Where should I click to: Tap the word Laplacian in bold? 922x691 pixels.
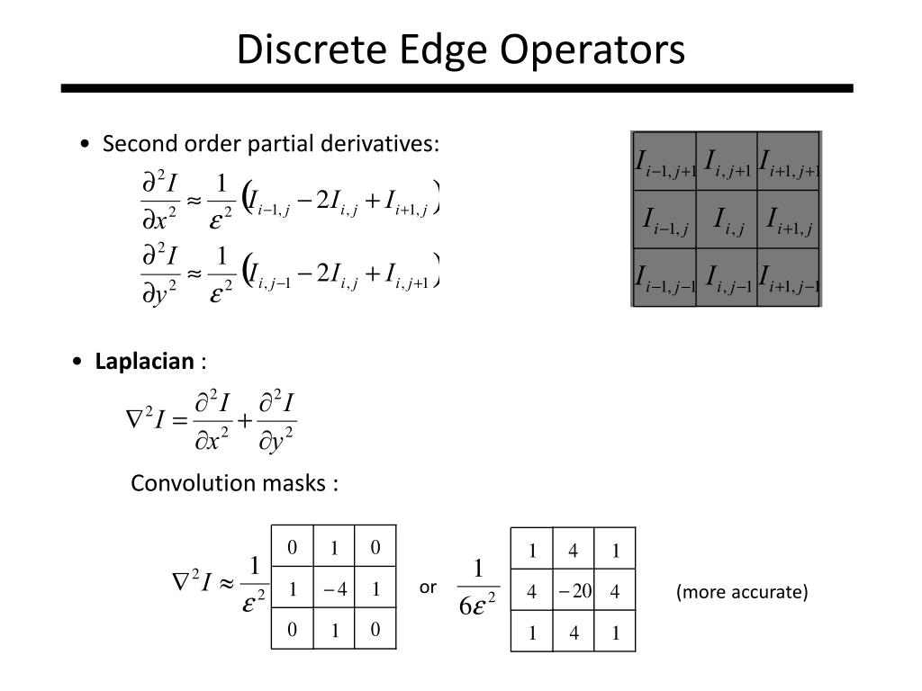pyautogui.click(x=144, y=362)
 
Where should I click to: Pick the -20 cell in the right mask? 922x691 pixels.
pyautogui.click(x=574, y=591)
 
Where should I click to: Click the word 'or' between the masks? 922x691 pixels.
pyautogui.click(x=428, y=588)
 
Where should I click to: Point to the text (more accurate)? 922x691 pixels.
pyautogui.click(x=743, y=592)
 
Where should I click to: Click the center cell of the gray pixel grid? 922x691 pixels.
pyautogui.click(x=728, y=220)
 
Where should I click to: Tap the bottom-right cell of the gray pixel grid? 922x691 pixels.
pyautogui.click(x=789, y=277)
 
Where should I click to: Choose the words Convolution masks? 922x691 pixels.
pyautogui.click(x=234, y=483)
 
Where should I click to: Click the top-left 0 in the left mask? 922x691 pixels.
pyautogui.click(x=292, y=547)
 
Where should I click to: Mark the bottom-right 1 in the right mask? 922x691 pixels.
pyautogui.click(x=616, y=633)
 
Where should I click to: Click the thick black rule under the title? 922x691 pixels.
pyautogui.click(x=456, y=89)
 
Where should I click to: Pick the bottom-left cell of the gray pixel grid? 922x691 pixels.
pyautogui.click(x=665, y=277)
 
